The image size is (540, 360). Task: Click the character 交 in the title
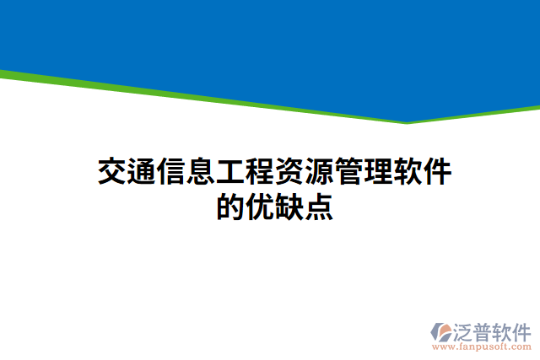click(112, 172)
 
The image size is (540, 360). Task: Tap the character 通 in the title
click(142, 172)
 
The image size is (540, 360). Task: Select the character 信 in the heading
click(171, 172)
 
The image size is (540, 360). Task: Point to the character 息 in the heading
click(201, 172)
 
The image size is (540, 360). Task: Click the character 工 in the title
click(230, 172)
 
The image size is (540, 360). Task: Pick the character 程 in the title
click(260, 172)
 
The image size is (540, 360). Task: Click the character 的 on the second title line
click(230, 207)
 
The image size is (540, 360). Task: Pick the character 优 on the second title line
click(260, 207)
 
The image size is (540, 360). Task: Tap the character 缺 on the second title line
click(289, 207)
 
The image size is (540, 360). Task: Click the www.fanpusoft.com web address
click(482, 347)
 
